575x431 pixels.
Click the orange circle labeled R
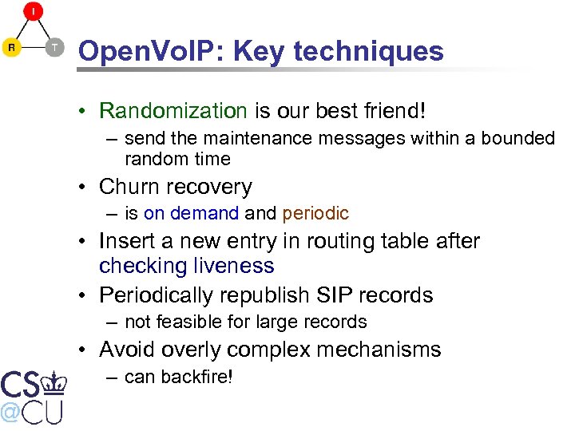pos(12,48)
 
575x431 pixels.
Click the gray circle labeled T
pos(54,48)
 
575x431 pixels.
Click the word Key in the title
pos(260,51)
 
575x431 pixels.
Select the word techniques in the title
pos(369,51)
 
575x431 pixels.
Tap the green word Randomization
pos(173,110)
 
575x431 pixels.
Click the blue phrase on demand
pos(192,213)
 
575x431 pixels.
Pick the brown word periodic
pos(315,213)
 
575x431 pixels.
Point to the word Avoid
pos(126,350)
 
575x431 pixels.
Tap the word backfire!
pos(196,376)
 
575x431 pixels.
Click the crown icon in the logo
pos(54,382)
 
